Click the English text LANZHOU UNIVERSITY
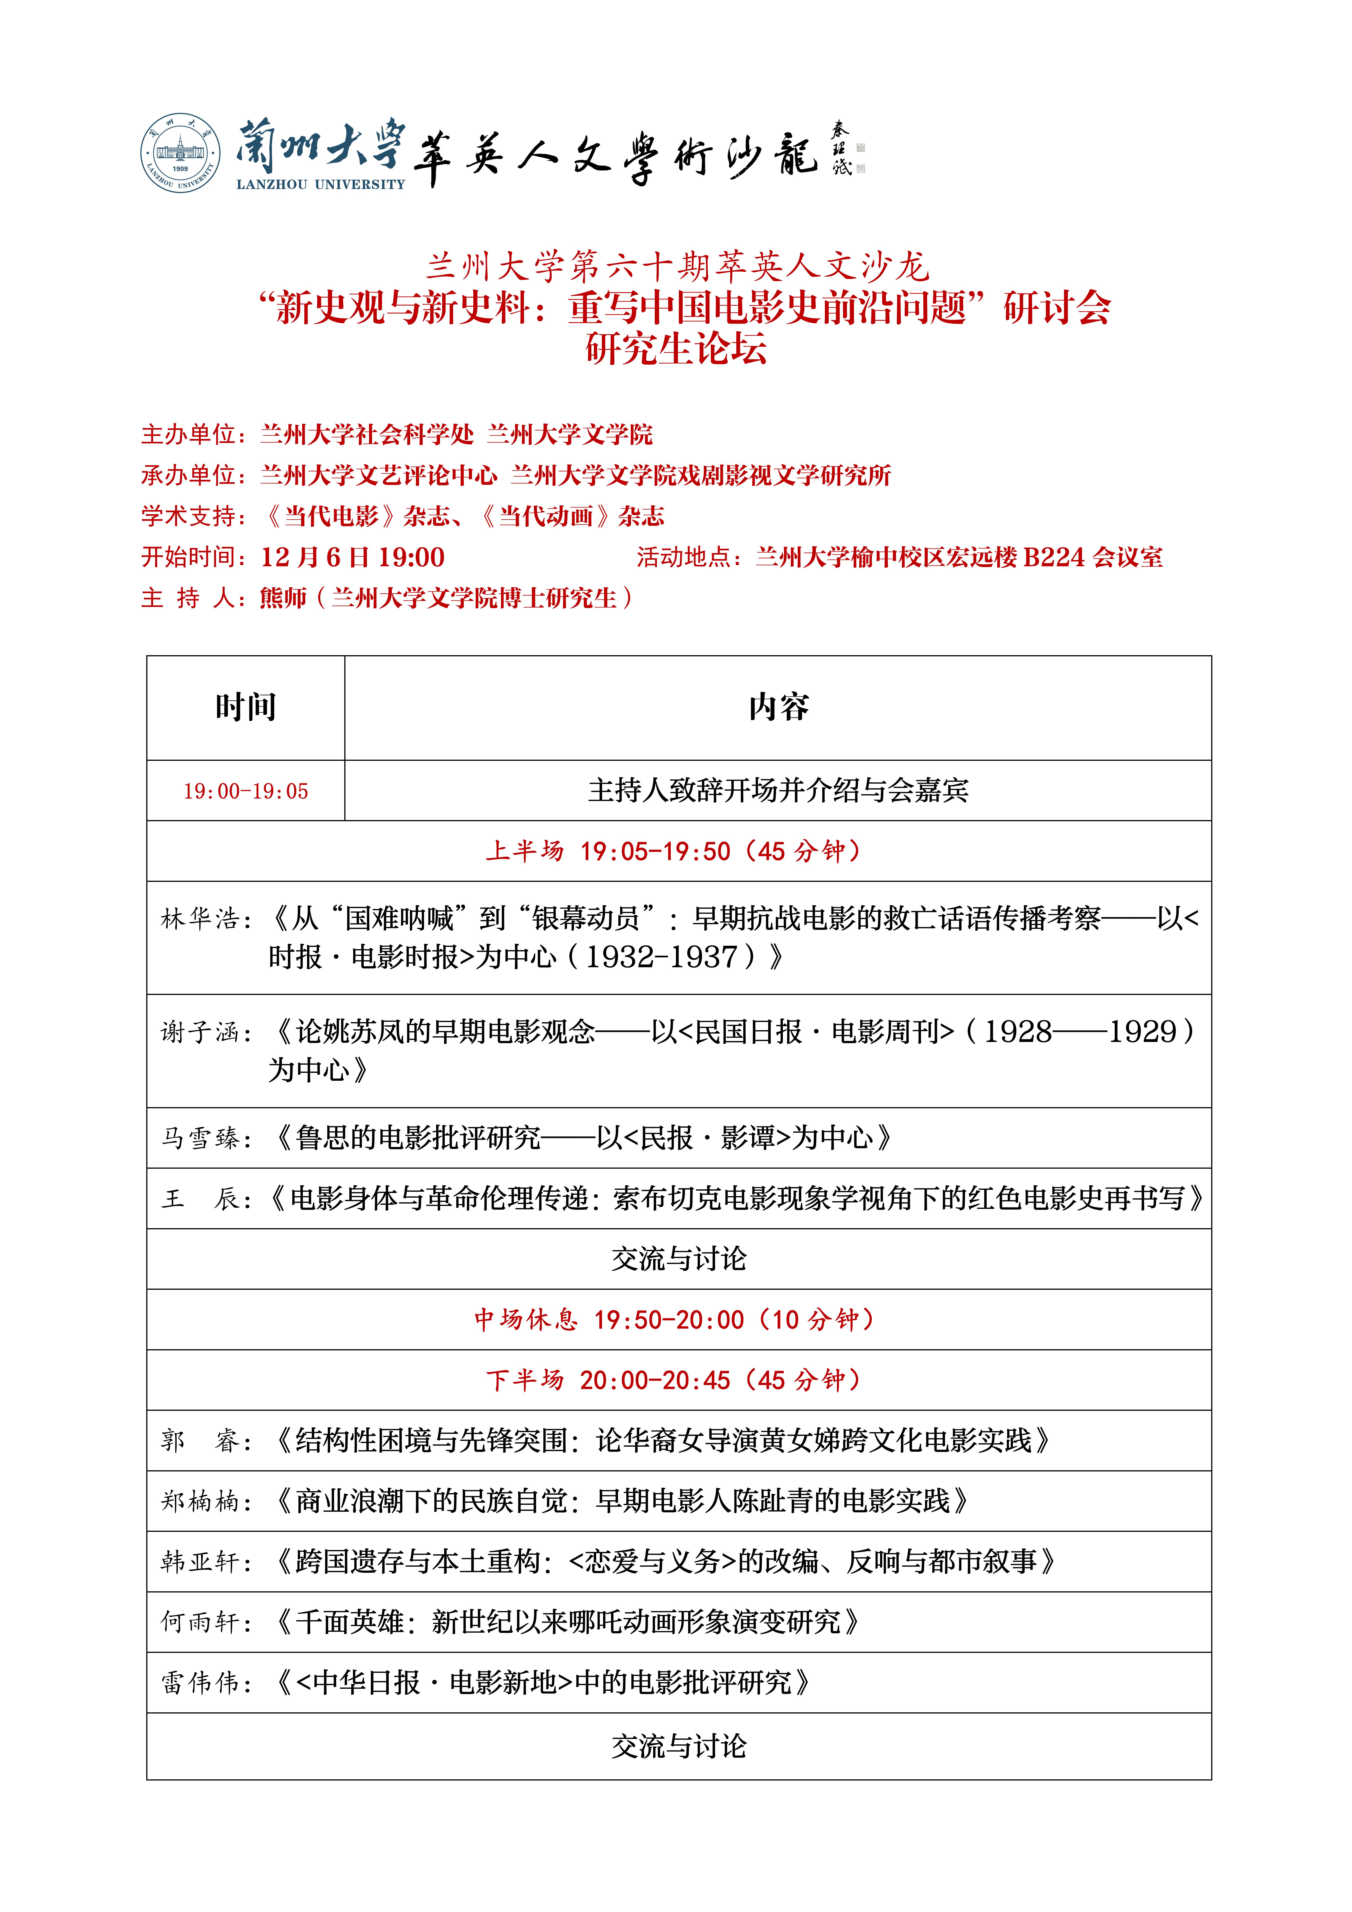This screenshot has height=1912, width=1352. [x=321, y=185]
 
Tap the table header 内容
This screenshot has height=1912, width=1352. [x=778, y=707]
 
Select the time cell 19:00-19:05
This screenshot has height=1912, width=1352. [x=246, y=791]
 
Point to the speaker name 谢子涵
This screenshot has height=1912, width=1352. [x=200, y=1033]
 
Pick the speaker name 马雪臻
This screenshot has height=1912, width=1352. [x=200, y=1138]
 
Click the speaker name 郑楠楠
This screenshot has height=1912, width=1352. [x=200, y=1501]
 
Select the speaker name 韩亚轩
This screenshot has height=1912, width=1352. [x=200, y=1562]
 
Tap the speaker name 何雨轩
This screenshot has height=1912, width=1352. [x=200, y=1622]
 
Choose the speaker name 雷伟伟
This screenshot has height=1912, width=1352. [x=200, y=1683]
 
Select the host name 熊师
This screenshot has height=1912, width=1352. [x=283, y=598]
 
